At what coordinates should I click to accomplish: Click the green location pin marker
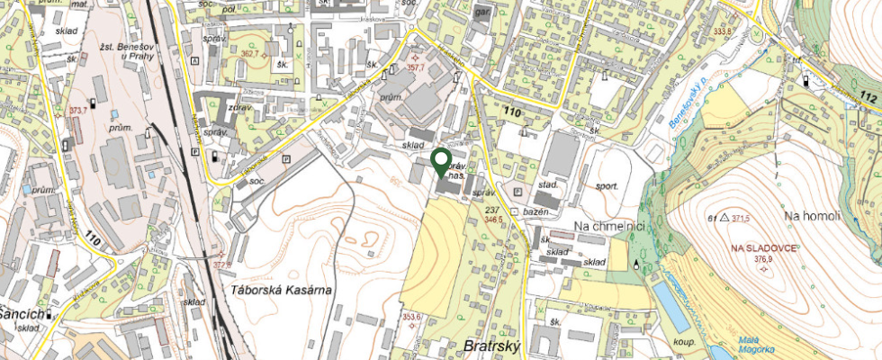[x=441, y=161]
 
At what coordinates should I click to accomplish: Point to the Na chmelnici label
[x=611, y=225]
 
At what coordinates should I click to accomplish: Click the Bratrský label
[x=492, y=346]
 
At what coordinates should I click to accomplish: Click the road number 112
[x=868, y=96]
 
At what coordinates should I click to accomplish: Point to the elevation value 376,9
[x=763, y=259]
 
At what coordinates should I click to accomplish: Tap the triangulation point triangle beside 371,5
[x=724, y=219]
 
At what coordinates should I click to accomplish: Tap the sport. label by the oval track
[x=607, y=185]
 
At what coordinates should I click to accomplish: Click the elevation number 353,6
[x=411, y=317]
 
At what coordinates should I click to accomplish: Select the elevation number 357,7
[x=416, y=67]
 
